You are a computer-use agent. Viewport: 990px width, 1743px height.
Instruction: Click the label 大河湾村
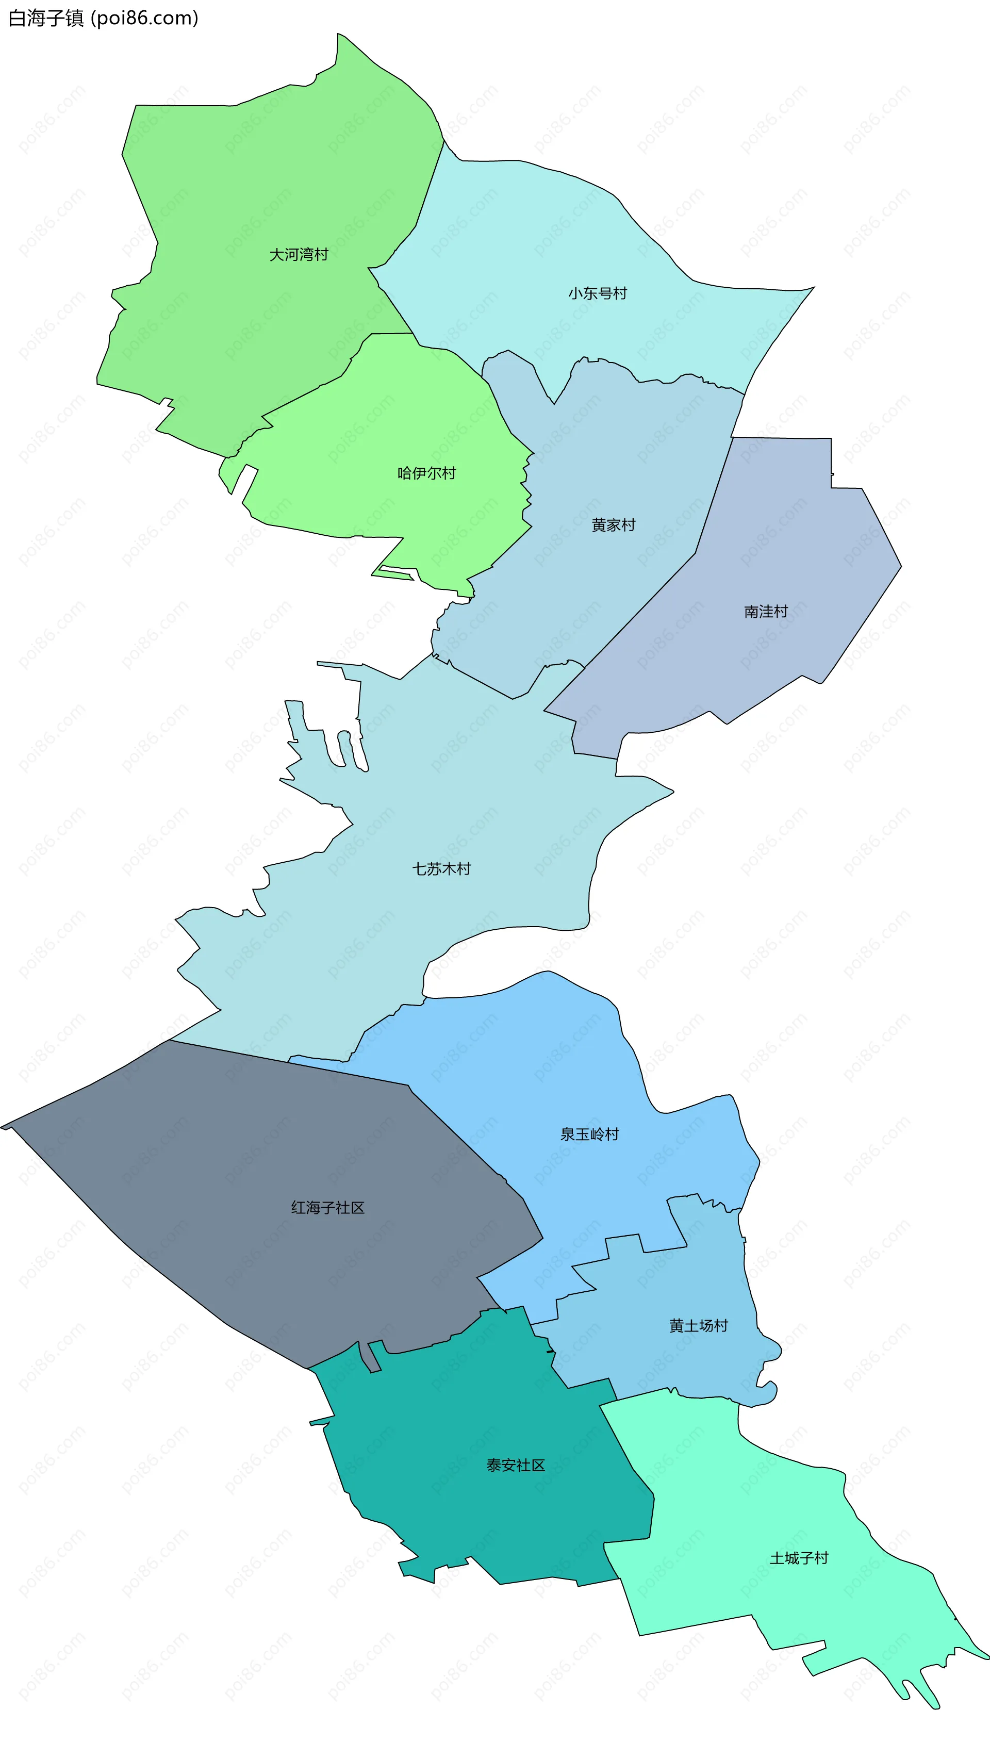(x=299, y=255)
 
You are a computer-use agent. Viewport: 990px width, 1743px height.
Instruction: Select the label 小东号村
(x=598, y=293)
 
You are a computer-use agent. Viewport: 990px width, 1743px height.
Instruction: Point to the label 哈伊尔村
(x=426, y=473)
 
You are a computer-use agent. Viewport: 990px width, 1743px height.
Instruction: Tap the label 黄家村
(x=613, y=525)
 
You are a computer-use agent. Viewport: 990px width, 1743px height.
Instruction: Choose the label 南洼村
(x=766, y=612)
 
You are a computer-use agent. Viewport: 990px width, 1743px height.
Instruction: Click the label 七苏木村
(x=441, y=869)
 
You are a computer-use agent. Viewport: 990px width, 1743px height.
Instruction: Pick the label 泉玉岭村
(x=589, y=1134)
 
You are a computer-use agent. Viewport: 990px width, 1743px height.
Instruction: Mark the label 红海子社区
(x=328, y=1207)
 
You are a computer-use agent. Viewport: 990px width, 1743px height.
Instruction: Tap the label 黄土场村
(x=698, y=1326)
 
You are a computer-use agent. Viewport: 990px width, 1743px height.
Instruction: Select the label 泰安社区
(x=516, y=1466)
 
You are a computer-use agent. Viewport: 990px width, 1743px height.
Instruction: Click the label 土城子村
(x=799, y=1558)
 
